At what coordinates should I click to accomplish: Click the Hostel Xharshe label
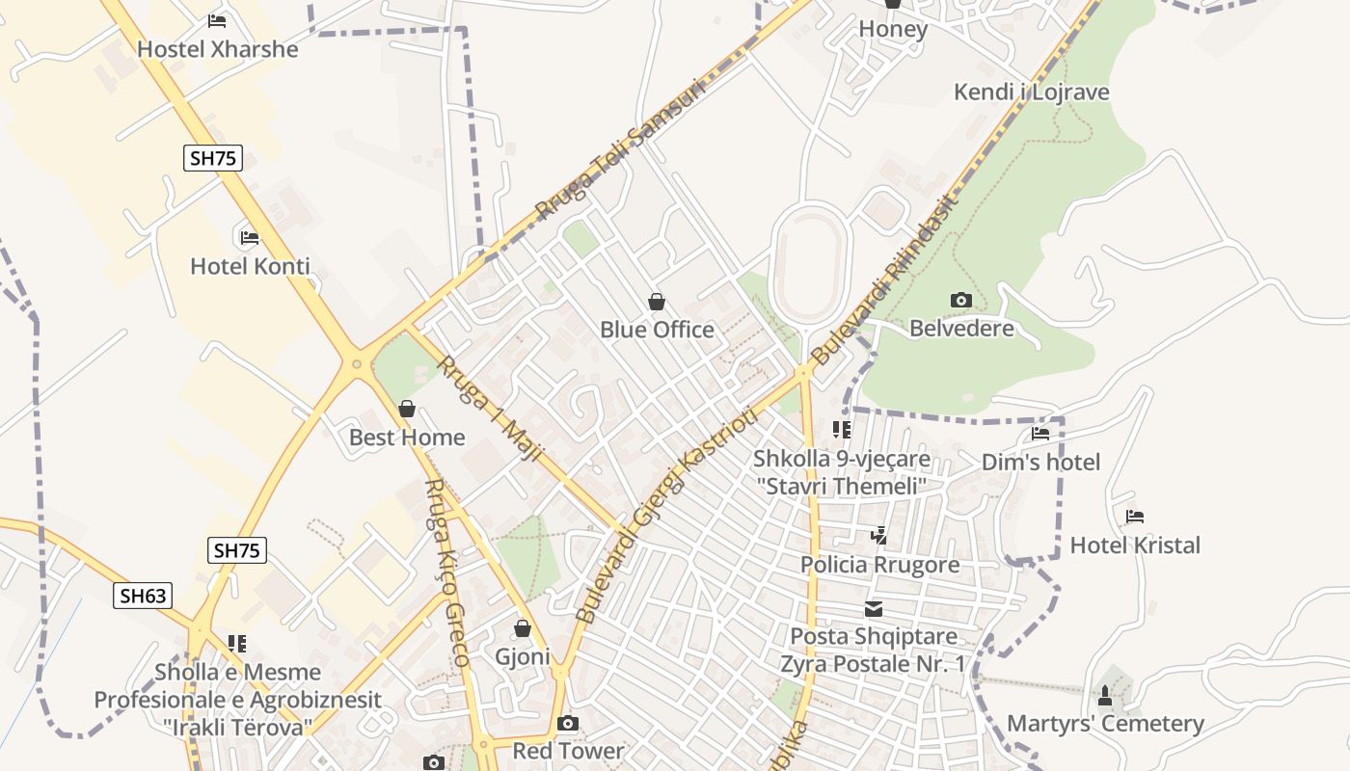217,49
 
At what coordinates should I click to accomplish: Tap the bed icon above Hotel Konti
249,237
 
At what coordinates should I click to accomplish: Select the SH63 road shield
143,596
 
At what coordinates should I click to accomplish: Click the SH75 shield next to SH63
236,550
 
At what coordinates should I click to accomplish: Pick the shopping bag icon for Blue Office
657,302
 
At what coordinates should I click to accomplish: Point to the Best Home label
407,438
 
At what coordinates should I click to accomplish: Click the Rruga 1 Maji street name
491,408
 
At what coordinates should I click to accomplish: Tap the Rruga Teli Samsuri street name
621,149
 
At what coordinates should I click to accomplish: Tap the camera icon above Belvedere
960,300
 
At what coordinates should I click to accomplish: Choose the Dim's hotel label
1040,463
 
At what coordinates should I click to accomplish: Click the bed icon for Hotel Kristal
1134,518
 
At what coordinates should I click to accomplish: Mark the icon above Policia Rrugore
878,535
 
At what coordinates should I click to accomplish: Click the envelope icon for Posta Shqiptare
873,608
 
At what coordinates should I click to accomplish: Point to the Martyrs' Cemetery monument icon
1105,695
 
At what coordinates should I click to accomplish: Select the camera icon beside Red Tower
568,723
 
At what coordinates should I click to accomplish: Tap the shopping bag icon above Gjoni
523,629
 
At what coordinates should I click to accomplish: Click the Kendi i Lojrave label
1031,93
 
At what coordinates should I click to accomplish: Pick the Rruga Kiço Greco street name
447,572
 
